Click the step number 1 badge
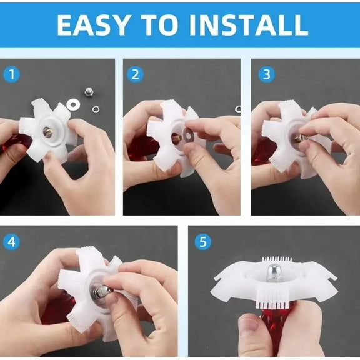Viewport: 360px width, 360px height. (x=12, y=74)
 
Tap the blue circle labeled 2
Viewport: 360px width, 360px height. (x=135, y=74)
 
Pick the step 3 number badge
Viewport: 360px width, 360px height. (x=267, y=74)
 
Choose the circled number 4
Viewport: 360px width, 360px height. (x=12, y=241)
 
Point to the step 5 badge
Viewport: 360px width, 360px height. (x=202, y=241)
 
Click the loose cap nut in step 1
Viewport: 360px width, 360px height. (x=89, y=93)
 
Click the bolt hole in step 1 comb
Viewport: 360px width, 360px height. (x=47, y=131)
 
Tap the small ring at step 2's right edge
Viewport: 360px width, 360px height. (x=237, y=109)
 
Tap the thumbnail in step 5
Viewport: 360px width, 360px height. (x=249, y=326)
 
